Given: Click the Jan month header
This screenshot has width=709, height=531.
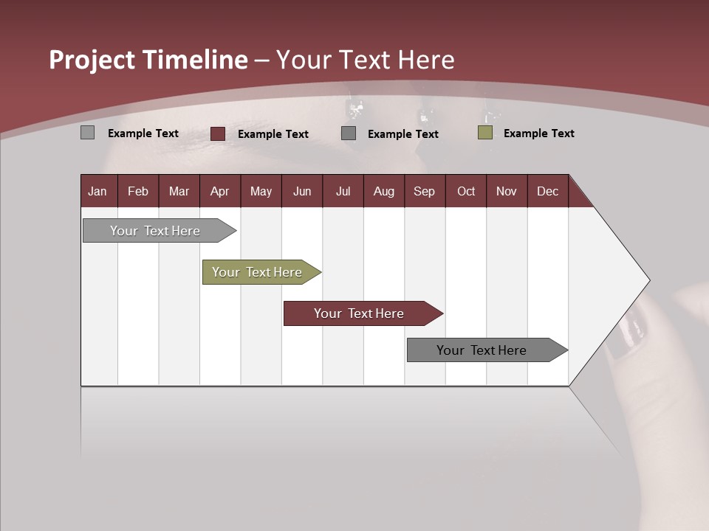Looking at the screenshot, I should pyautogui.click(x=97, y=191).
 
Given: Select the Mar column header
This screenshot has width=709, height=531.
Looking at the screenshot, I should pyautogui.click(x=179, y=191).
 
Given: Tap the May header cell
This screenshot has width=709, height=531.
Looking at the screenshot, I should pyautogui.click(x=261, y=191).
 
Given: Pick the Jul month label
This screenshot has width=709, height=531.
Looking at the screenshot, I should pyautogui.click(x=343, y=191).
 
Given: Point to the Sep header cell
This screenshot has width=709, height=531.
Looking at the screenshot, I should pyautogui.click(x=424, y=191).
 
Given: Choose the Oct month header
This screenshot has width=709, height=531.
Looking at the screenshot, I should pyautogui.click(x=466, y=191).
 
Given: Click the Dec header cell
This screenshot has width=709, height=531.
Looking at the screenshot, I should pyautogui.click(x=547, y=191).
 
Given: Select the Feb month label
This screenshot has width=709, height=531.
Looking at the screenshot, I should pyautogui.click(x=138, y=191).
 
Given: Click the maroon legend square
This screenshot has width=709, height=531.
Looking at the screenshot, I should pyautogui.click(x=218, y=133).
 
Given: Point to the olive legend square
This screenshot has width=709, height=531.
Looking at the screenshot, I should pyautogui.click(x=485, y=133).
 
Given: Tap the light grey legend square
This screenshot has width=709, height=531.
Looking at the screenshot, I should pyautogui.click(x=88, y=133).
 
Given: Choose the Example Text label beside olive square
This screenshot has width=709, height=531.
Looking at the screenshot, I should pyautogui.click(x=538, y=133).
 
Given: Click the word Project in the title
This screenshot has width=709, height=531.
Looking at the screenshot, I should pyautogui.click(x=93, y=60).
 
